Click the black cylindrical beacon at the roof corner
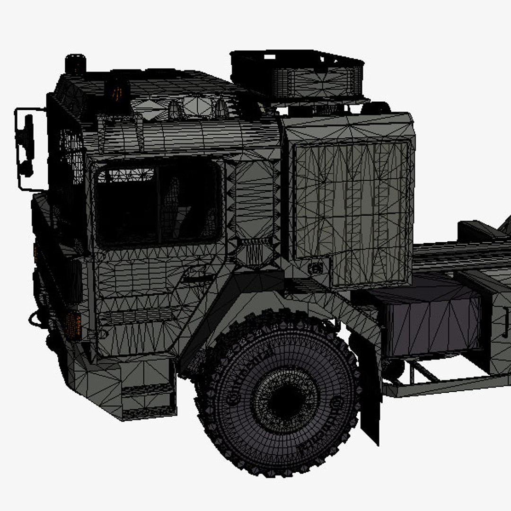pyautogui.click(x=75, y=64)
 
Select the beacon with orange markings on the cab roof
pyautogui.click(x=117, y=90)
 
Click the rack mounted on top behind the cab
pyautogui.click(x=298, y=76)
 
